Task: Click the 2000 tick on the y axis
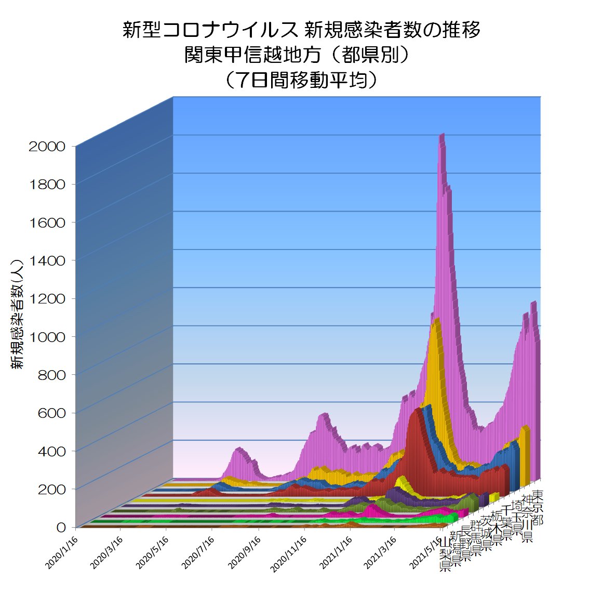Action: tap(47, 147)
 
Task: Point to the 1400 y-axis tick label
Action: tap(47, 261)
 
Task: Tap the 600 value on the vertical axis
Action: tap(52, 413)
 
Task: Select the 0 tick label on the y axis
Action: tap(61, 528)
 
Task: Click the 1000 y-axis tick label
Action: tap(47, 337)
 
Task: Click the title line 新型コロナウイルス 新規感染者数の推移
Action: tap(301, 30)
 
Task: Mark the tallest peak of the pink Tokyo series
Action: tap(442, 136)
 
